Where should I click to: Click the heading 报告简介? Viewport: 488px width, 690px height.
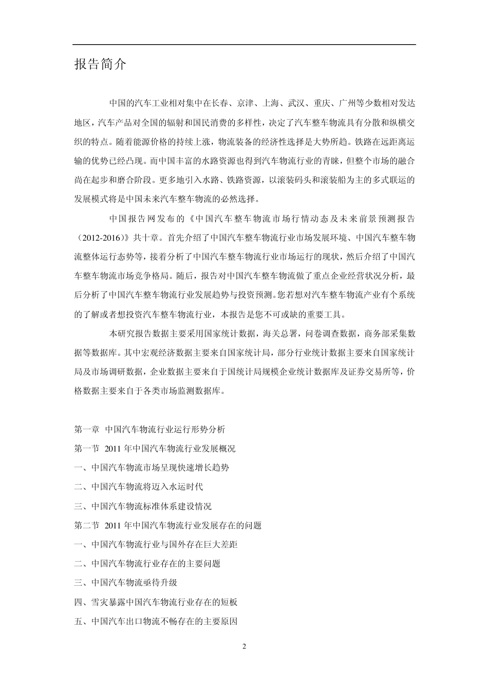pyautogui.click(x=100, y=65)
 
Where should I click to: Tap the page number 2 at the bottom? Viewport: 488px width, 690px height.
pyautogui.click(x=244, y=646)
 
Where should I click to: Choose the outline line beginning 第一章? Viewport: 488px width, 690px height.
pyautogui.click(x=149, y=429)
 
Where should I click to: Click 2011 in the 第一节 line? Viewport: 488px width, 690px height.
pyautogui.click(x=112, y=448)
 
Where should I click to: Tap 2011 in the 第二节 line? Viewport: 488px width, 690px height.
pyautogui.click(x=112, y=525)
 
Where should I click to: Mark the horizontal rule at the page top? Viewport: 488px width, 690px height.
pyautogui.click(x=244, y=45)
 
